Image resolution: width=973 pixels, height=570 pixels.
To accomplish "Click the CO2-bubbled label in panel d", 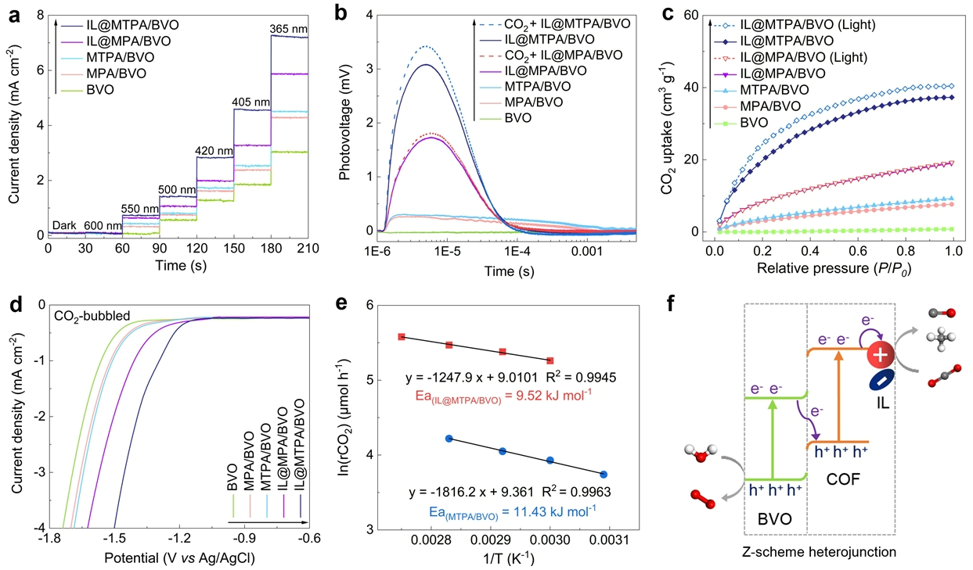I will [x=91, y=316].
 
